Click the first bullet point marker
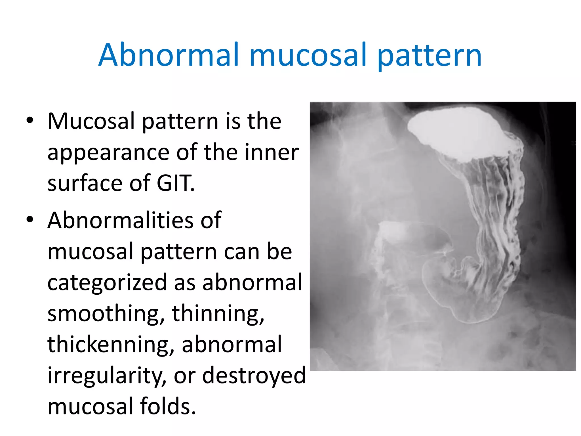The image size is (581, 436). [x=30, y=120]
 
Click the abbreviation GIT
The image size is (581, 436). [x=175, y=183]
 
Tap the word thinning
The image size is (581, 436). [x=218, y=313]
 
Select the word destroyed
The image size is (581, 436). [x=254, y=375]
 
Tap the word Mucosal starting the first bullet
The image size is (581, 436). [x=91, y=121]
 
